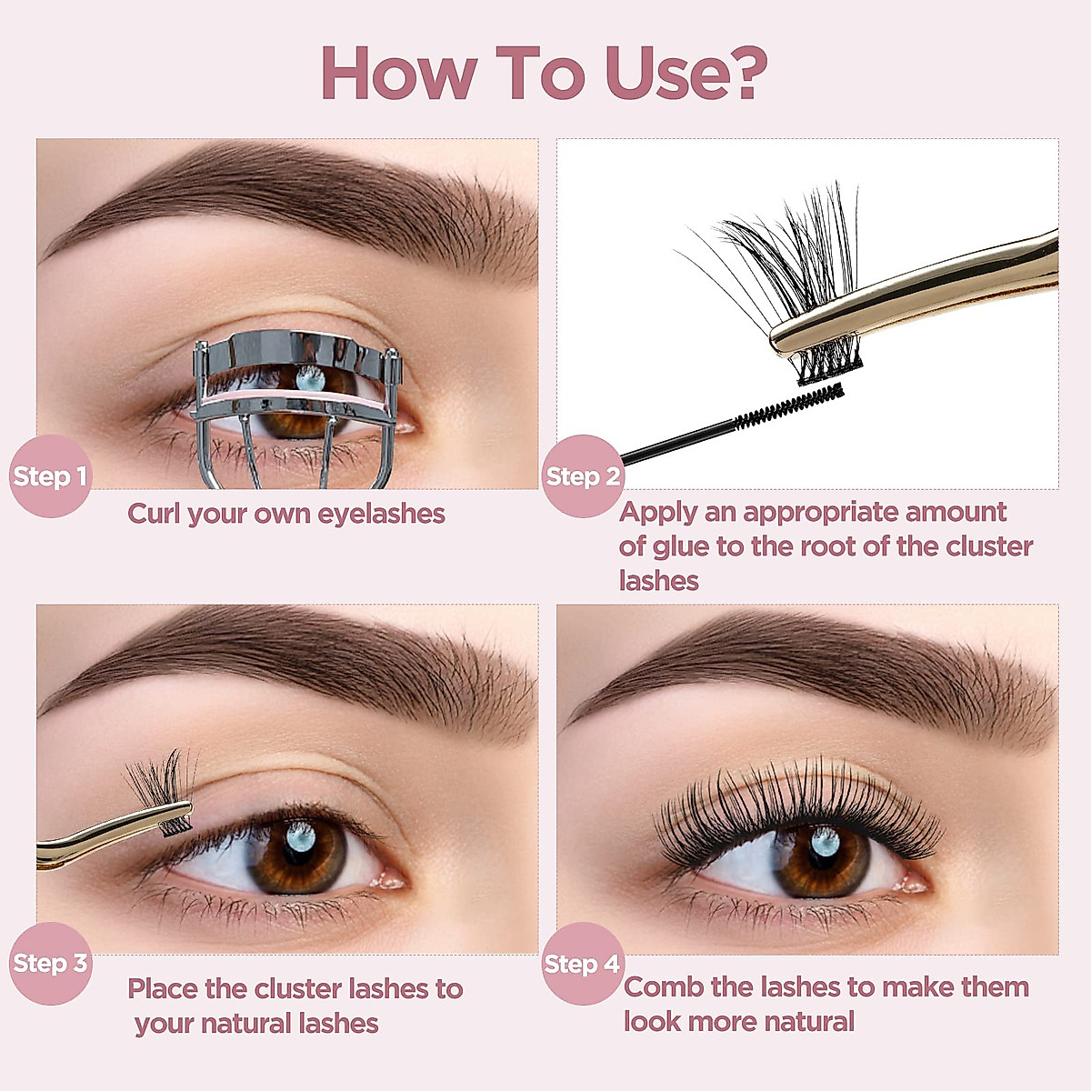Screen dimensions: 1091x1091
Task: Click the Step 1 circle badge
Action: point(50,475)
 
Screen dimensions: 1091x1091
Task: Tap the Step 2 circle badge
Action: point(583,475)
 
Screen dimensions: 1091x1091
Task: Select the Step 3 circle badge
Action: point(50,963)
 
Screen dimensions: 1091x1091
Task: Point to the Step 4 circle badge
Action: point(582,964)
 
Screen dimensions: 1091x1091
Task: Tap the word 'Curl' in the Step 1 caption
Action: point(154,514)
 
